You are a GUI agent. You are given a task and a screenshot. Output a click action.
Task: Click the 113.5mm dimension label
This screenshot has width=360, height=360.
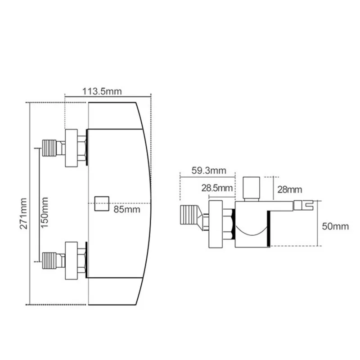(x=102, y=91)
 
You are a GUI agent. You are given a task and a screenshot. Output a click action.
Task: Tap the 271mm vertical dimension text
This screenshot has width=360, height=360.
(x=24, y=213)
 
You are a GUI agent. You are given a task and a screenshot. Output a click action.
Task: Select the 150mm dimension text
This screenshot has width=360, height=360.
(x=44, y=212)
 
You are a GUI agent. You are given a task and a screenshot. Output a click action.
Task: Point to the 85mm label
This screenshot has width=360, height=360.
(x=127, y=209)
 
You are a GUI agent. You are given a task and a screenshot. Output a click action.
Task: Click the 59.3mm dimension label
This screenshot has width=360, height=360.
(x=209, y=171)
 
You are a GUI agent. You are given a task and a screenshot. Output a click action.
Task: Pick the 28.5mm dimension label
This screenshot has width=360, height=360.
(x=217, y=188)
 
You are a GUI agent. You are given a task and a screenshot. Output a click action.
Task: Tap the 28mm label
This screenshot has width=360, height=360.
(x=290, y=189)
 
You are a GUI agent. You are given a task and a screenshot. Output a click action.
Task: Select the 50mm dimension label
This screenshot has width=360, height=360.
(x=335, y=226)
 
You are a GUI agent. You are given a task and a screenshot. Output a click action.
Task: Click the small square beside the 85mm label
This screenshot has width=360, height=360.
(x=102, y=203)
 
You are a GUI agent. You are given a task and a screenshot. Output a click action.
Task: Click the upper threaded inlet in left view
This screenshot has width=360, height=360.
(x=49, y=148)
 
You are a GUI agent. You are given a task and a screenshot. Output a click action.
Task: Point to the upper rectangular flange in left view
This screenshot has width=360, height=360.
(x=71, y=148)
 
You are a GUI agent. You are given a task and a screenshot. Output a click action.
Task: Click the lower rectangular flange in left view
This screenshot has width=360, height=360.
(x=71, y=261)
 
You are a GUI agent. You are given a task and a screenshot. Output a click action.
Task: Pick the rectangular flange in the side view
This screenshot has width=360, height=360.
(x=216, y=224)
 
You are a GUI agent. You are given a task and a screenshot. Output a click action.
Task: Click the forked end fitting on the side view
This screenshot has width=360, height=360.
(x=303, y=205)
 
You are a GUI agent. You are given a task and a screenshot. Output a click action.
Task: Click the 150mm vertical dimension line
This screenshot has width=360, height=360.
(x=39, y=205)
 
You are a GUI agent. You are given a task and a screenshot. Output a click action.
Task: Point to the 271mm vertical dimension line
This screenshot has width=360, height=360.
(x=30, y=203)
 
